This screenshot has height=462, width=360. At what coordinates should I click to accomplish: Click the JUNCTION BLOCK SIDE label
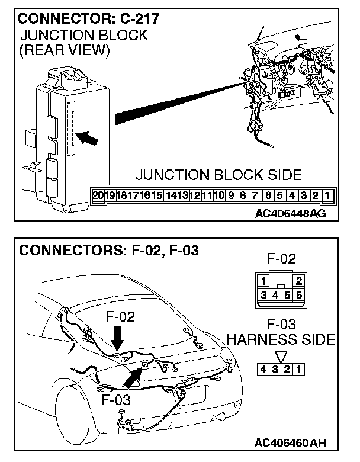tap(218, 175)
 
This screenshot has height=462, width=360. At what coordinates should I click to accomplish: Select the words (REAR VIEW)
tap(65, 51)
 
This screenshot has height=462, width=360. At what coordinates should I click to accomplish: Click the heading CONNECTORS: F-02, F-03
tap(109, 251)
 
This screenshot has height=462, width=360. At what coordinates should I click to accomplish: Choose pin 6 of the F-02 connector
tap(300, 294)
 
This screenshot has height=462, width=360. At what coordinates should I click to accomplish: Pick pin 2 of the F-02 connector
tap(299, 280)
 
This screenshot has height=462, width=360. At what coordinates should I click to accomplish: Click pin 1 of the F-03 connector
tap(300, 370)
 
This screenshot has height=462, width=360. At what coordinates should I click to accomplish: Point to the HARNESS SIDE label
tap(281, 341)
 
